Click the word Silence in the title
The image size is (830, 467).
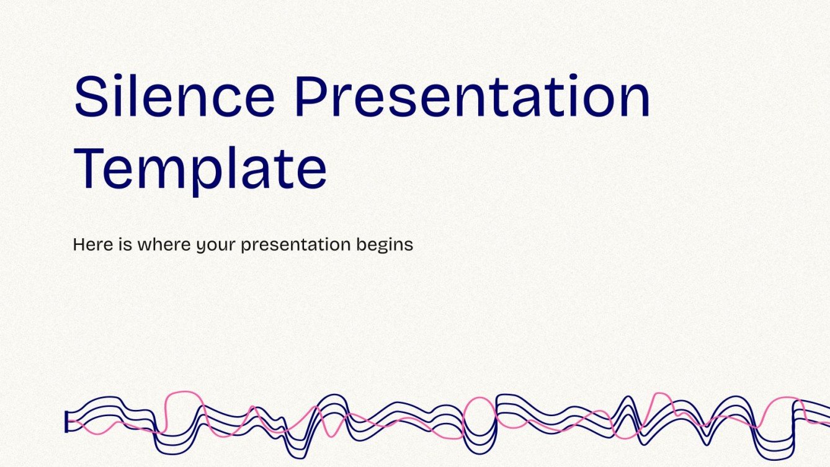tap(174, 97)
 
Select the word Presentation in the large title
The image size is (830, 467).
tap(472, 97)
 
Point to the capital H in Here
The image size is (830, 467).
tap(79, 244)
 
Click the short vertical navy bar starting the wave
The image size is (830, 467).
tap(66, 422)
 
